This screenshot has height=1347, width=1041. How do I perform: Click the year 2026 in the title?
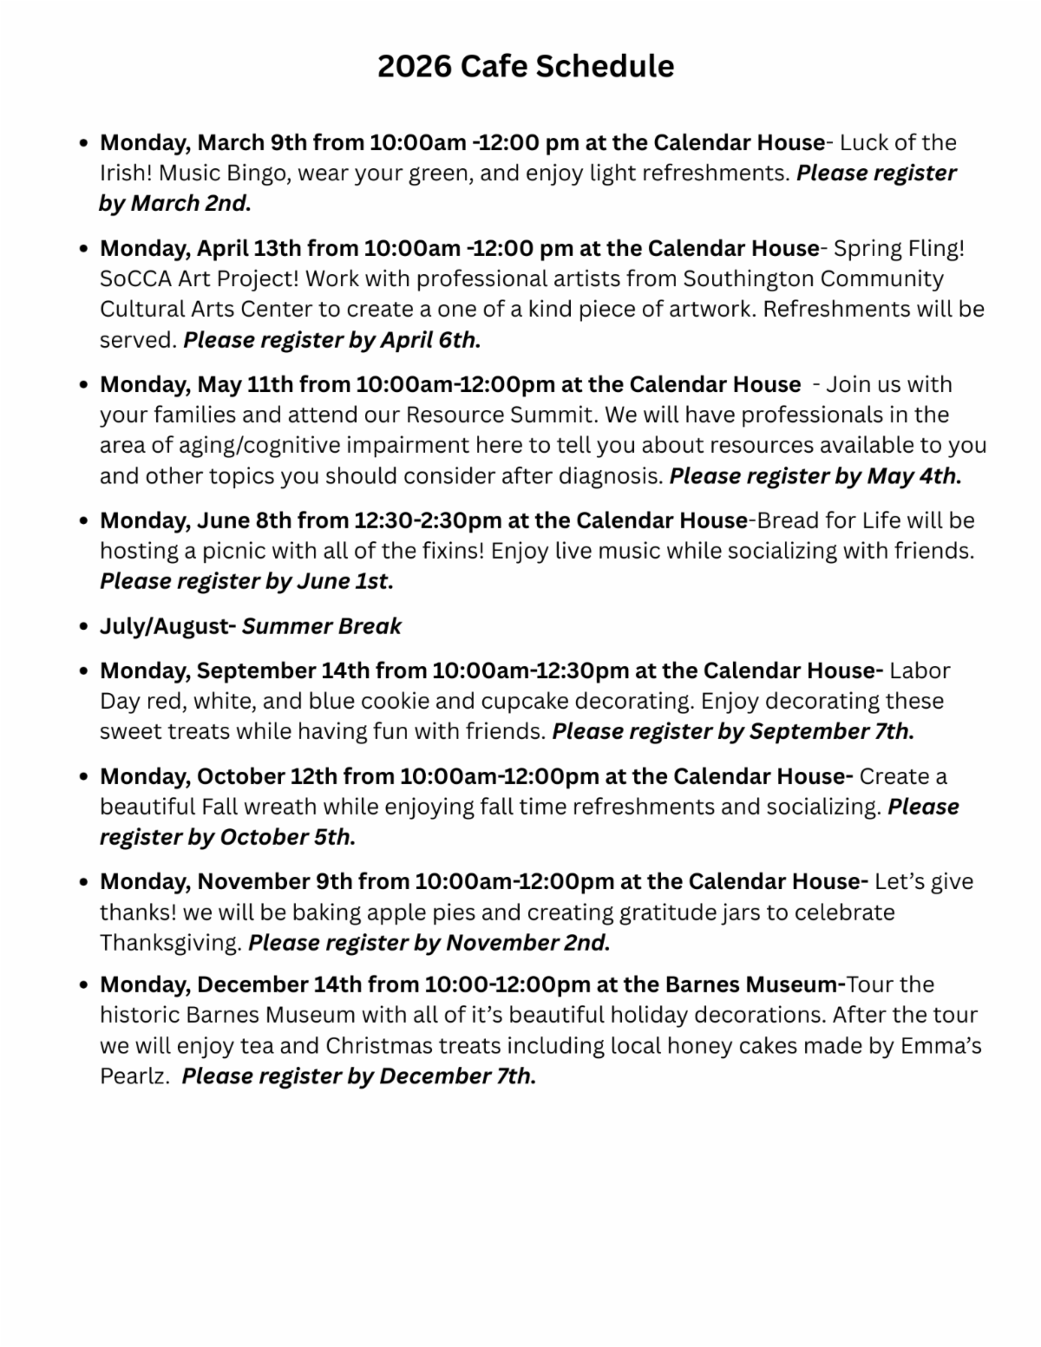(x=414, y=66)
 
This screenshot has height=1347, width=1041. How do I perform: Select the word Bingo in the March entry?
(x=257, y=173)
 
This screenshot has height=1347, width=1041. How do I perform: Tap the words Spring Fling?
(x=900, y=248)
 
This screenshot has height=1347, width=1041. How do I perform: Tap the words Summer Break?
(x=322, y=626)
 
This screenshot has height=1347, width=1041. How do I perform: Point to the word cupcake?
(x=526, y=701)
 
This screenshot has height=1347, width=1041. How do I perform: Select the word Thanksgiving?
(x=170, y=943)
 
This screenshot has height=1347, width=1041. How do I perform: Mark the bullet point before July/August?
(x=83, y=627)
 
